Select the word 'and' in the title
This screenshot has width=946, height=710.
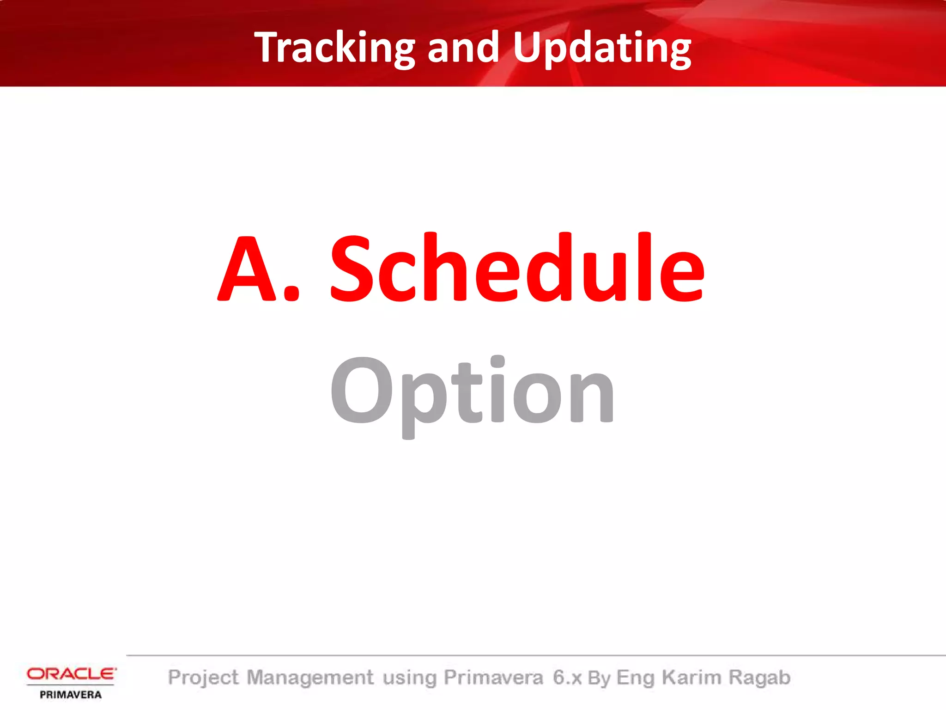pos(463,48)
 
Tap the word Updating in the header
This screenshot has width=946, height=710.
pos(601,48)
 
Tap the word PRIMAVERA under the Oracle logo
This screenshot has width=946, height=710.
pos(71,695)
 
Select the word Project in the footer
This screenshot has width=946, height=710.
pos(203,678)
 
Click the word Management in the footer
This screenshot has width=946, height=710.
pos(309,678)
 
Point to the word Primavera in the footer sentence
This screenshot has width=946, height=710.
pos(493,678)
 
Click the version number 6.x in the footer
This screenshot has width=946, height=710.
pos(567,678)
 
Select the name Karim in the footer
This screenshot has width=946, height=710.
pos(691,678)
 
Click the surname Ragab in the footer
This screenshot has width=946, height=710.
pos(759,678)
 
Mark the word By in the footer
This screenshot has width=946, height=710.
pos(599,678)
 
